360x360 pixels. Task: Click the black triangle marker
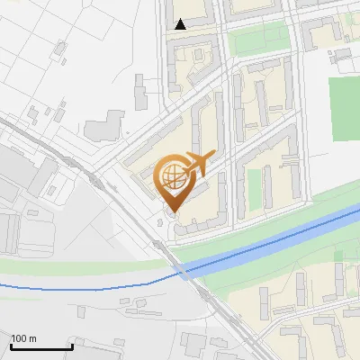[181, 24]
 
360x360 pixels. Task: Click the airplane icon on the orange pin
[200, 163]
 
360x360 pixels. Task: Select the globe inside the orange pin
[173, 175]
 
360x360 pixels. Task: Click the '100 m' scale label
[23, 338]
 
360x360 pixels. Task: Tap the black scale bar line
[40, 346]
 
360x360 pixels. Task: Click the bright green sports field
[344, 108]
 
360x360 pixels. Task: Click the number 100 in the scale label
[19, 338]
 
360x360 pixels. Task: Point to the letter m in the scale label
[32, 338]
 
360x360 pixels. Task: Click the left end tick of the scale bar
[11, 345]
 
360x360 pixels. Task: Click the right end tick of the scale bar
[71, 345]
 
